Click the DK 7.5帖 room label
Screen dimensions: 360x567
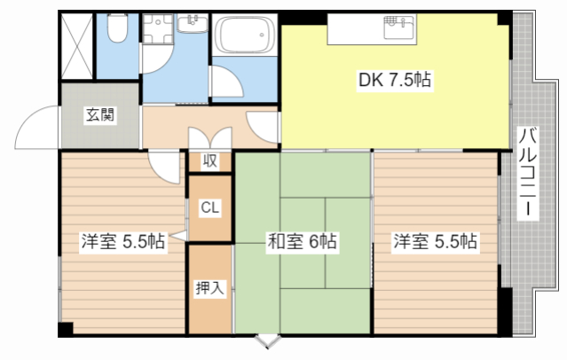pos(395,81)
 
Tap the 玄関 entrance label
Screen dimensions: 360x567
pos(99,114)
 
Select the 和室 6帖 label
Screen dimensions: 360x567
pos(303,241)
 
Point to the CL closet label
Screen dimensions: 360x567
pos(209,208)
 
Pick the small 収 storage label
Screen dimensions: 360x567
pos(209,161)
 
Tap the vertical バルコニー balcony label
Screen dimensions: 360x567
pos(527,173)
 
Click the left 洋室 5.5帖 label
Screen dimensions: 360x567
pos(122,241)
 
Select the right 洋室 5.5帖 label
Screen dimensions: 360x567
pos(435,240)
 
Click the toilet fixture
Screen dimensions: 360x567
pos(115,32)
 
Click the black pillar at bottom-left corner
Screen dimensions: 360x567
pos(65,329)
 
